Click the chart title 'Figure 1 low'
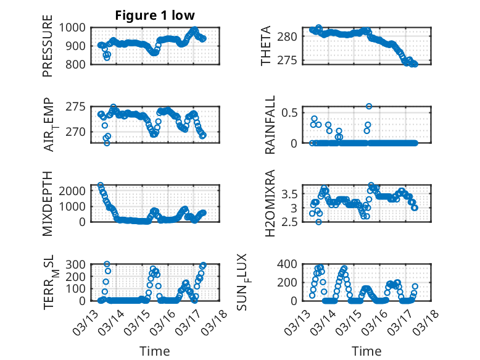click(155, 15)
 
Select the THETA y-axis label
click(266, 46)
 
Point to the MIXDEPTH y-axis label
click(48, 204)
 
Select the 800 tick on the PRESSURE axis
click(78, 64)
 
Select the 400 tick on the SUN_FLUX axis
click(290, 264)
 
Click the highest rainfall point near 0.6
click(369, 106)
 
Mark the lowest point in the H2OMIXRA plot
click(318, 222)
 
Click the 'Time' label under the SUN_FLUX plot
click(366, 351)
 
